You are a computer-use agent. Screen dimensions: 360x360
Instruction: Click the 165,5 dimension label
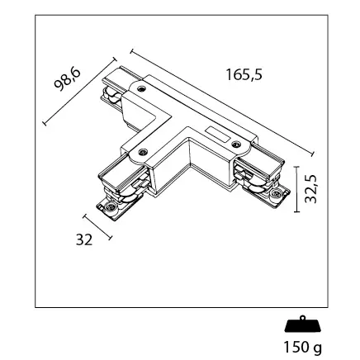[x=244, y=74]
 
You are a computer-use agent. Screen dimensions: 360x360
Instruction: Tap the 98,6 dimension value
[x=68, y=79]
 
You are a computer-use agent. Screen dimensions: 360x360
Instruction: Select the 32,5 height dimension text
[x=311, y=189]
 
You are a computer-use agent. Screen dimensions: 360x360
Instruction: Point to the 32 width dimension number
[x=84, y=239]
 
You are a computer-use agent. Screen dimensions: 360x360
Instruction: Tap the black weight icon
[x=302, y=324]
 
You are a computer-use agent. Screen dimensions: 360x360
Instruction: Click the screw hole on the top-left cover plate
[x=142, y=88]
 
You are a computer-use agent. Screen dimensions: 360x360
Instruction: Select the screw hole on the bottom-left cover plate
[x=143, y=152]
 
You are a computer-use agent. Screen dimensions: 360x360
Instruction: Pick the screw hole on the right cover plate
[x=235, y=144]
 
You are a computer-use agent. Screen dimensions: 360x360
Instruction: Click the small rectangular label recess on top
[x=218, y=134]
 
